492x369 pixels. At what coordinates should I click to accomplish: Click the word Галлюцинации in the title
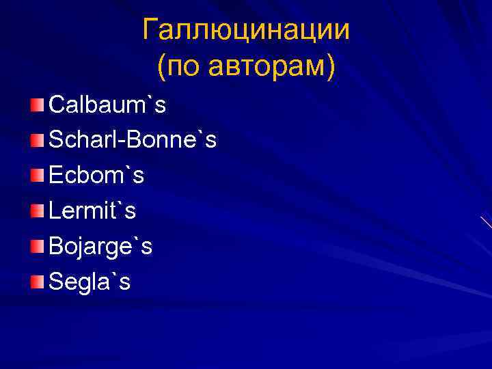[x=246, y=30]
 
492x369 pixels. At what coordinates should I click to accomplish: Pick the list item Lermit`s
[x=92, y=211]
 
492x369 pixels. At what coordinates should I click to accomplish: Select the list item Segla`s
[x=90, y=282]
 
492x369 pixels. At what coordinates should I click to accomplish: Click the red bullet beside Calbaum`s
[x=37, y=105]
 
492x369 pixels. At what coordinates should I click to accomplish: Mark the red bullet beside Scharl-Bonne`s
[x=37, y=140]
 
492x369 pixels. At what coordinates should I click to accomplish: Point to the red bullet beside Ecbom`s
[x=37, y=176]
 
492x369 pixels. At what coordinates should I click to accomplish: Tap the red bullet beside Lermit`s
[x=37, y=210]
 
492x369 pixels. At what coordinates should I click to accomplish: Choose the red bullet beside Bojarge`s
[x=37, y=246]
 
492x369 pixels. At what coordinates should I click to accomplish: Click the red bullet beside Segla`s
[x=37, y=281]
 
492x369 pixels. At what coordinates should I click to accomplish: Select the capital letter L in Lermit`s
[x=55, y=211]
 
